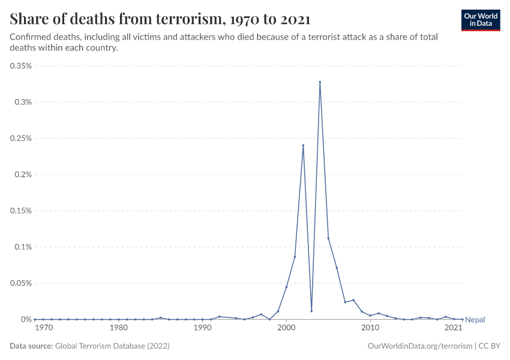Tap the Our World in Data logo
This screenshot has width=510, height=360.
480,19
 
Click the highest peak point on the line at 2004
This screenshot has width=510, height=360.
320,82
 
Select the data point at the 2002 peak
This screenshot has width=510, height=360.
303,145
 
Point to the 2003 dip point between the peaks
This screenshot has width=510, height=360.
311,311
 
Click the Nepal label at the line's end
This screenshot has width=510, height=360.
475,320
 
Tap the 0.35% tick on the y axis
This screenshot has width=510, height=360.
22,66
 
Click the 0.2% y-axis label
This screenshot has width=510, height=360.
23,175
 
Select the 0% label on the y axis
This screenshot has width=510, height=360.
26,319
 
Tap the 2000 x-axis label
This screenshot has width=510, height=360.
286,328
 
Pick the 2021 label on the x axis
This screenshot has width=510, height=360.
453,328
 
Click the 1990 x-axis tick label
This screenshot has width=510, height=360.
203,328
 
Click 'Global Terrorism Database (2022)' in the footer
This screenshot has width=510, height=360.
112,346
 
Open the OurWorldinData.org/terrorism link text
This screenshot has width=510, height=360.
418,346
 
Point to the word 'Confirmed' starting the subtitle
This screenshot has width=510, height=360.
31,37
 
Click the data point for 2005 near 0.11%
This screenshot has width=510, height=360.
328,238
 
